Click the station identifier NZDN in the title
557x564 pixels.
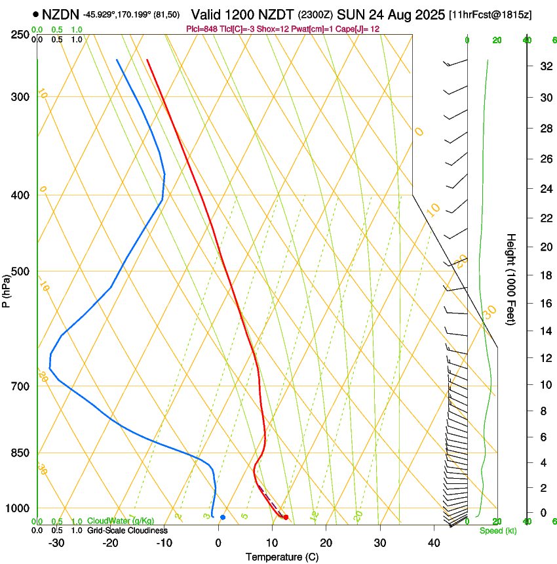(60, 14)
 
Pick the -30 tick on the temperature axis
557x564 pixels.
(56, 542)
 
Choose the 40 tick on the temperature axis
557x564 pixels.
(434, 542)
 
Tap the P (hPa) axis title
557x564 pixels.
(6, 289)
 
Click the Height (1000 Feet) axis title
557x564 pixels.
(511, 279)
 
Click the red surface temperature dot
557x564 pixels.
(286, 517)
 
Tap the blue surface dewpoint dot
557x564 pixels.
(223, 517)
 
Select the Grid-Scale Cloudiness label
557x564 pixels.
(126, 530)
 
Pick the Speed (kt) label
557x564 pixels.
(497, 531)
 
